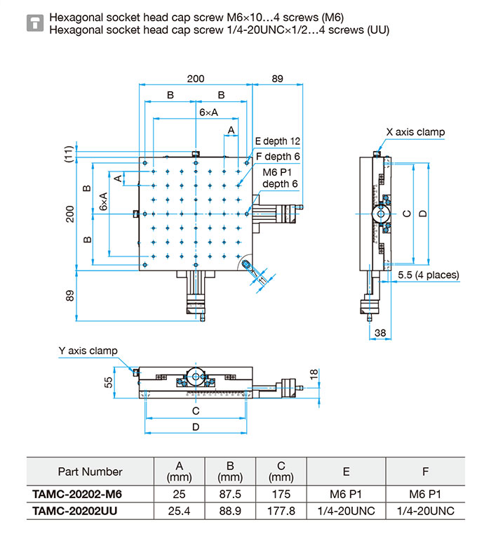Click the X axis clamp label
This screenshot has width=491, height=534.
point(415,132)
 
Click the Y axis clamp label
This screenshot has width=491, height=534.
point(88,351)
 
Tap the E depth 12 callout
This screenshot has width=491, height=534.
point(277,141)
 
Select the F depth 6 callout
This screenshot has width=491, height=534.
point(278,156)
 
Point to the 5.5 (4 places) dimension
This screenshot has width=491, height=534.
point(428,275)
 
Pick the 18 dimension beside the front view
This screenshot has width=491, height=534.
point(314,375)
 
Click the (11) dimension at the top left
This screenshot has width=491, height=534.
point(68,155)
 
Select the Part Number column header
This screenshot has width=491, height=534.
point(90,471)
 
